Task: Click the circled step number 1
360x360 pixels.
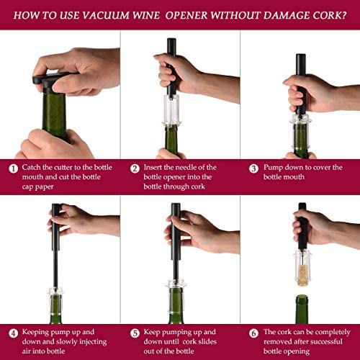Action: [14, 168]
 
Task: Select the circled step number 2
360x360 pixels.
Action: [135, 168]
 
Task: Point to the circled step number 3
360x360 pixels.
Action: [253, 168]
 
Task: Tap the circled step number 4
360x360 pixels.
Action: [14, 333]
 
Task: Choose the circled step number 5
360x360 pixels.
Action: [135, 333]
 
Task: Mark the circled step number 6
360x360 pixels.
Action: [253, 333]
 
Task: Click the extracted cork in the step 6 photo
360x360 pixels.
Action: [302, 275]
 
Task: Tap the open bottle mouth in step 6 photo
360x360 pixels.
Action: [302, 297]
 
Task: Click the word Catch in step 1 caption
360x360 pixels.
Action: [31, 167]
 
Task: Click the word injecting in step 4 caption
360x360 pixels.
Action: [93, 342]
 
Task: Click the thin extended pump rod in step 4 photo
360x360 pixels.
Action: [55, 269]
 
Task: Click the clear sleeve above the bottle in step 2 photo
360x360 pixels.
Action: [171, 109]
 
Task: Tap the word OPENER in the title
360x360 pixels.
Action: [186, 16]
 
